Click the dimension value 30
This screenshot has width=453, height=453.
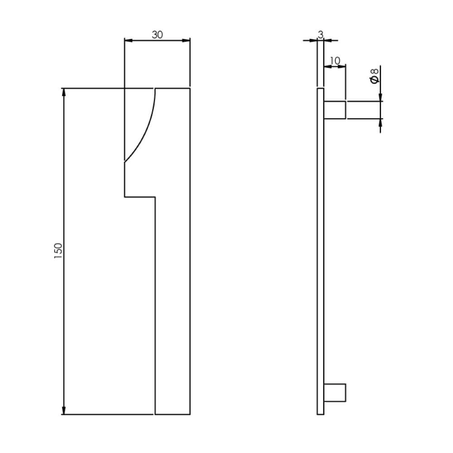coord(157,35)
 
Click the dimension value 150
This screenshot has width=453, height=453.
coord(58,251)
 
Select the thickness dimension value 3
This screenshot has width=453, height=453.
coord(321,34)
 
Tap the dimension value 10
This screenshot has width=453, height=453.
coord(335,61)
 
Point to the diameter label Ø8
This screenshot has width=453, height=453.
coord(374,76)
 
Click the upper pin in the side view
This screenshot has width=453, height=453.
coord(335,110)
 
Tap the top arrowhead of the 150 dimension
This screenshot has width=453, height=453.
coord(64,92)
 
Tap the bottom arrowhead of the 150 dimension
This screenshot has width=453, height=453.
coord(64,410)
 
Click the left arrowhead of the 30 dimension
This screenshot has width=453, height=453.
coord(129,40)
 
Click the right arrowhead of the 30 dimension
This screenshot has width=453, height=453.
coord(186,40)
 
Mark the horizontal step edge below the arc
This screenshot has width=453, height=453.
coord(140,197)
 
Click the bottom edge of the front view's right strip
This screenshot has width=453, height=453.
coord(173,414)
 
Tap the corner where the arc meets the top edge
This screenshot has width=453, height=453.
coord(156,89)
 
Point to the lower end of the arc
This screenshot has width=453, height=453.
coord(125,161)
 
